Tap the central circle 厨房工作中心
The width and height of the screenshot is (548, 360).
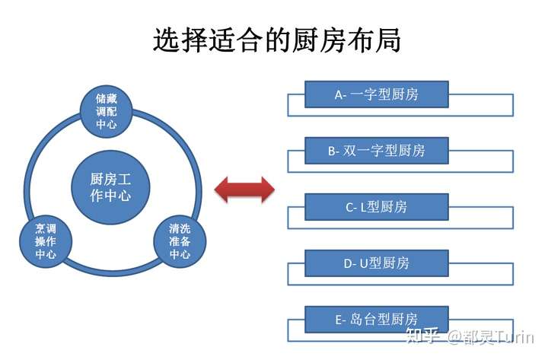[x=110, y=187]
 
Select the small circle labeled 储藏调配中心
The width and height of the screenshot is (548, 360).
[x=107, y=111]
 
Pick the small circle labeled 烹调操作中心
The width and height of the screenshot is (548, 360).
[x=45, y=241]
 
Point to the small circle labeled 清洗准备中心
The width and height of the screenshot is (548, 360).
[x=180, y=241]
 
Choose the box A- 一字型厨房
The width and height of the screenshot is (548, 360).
[x=376, y=95]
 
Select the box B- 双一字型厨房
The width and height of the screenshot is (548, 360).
[x=376, y=151]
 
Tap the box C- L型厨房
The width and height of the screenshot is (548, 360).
[x=376, y=207]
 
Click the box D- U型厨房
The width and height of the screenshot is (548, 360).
[x=376, y=263]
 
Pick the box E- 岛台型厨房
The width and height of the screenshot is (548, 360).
[x=376, y=320]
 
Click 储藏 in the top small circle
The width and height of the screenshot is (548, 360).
[x=107, y=99]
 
